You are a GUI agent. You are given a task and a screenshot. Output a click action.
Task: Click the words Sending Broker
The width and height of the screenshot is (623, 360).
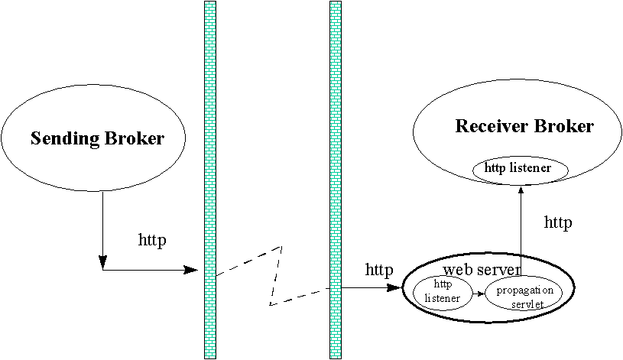pos(97,138)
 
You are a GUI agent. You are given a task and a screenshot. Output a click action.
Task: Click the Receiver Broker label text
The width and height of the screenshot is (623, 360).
pos(524,126)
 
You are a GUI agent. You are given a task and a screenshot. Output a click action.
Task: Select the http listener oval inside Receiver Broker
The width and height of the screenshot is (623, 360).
pos(512,169)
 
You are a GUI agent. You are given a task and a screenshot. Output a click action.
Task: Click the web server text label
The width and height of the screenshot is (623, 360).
pos(482,269)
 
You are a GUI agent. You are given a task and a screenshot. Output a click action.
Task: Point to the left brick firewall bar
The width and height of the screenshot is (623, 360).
pos(210,180)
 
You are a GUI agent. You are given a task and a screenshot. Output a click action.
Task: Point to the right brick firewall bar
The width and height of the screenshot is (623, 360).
pos(335,180)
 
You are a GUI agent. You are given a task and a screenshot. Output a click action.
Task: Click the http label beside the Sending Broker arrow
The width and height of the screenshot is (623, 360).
pos(152,239)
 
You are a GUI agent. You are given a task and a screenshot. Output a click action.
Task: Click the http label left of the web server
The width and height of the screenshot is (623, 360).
pos(379,270)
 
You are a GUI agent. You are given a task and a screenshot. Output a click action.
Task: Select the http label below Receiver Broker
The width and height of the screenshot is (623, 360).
pos(557,222)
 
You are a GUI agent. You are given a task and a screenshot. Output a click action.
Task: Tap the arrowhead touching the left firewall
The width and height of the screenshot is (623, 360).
pos(193,269)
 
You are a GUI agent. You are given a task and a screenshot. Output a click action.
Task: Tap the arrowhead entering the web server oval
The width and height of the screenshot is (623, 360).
pos(397,288)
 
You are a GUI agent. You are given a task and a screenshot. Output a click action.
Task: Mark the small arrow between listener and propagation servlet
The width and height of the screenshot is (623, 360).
pos(480,293)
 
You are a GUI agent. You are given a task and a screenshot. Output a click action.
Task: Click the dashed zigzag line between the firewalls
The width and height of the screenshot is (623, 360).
pos(275,275)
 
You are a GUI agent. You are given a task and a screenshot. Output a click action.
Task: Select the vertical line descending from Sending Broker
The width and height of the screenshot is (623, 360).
pos(102,229)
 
